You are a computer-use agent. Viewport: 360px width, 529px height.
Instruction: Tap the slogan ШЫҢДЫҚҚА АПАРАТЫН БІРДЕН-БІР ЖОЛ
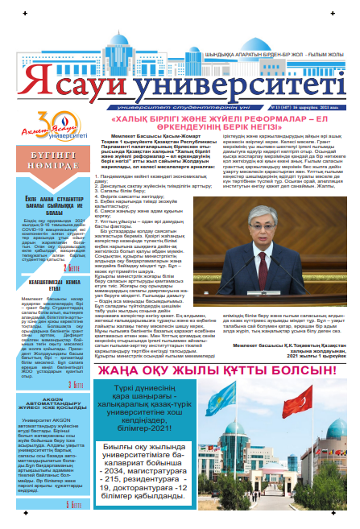pos(258,55)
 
